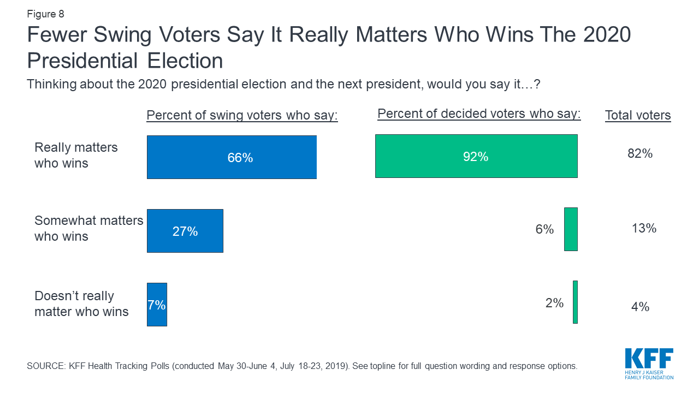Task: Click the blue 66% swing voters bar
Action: coord(232,157)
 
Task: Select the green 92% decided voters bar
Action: coord(476,156)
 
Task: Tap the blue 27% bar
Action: coord(185,231)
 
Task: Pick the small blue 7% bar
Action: coord(157,305)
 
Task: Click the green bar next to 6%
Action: coord(571,229)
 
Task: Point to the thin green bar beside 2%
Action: coord(575,302)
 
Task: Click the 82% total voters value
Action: coord(640,154)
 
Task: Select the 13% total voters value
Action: coord(644,228)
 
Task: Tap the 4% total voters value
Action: coord(640,307)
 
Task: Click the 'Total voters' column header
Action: coord(638,116)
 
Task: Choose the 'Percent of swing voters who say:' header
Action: coord(242,116)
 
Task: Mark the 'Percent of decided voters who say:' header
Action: coord(479,114)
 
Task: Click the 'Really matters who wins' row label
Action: coord(76,155)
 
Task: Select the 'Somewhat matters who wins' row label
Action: coord(88,228)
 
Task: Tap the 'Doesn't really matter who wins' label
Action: coord(81,303)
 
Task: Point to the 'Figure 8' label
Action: coord(45,14)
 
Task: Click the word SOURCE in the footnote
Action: coord(45,366)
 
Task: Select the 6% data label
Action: coord(544,229)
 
